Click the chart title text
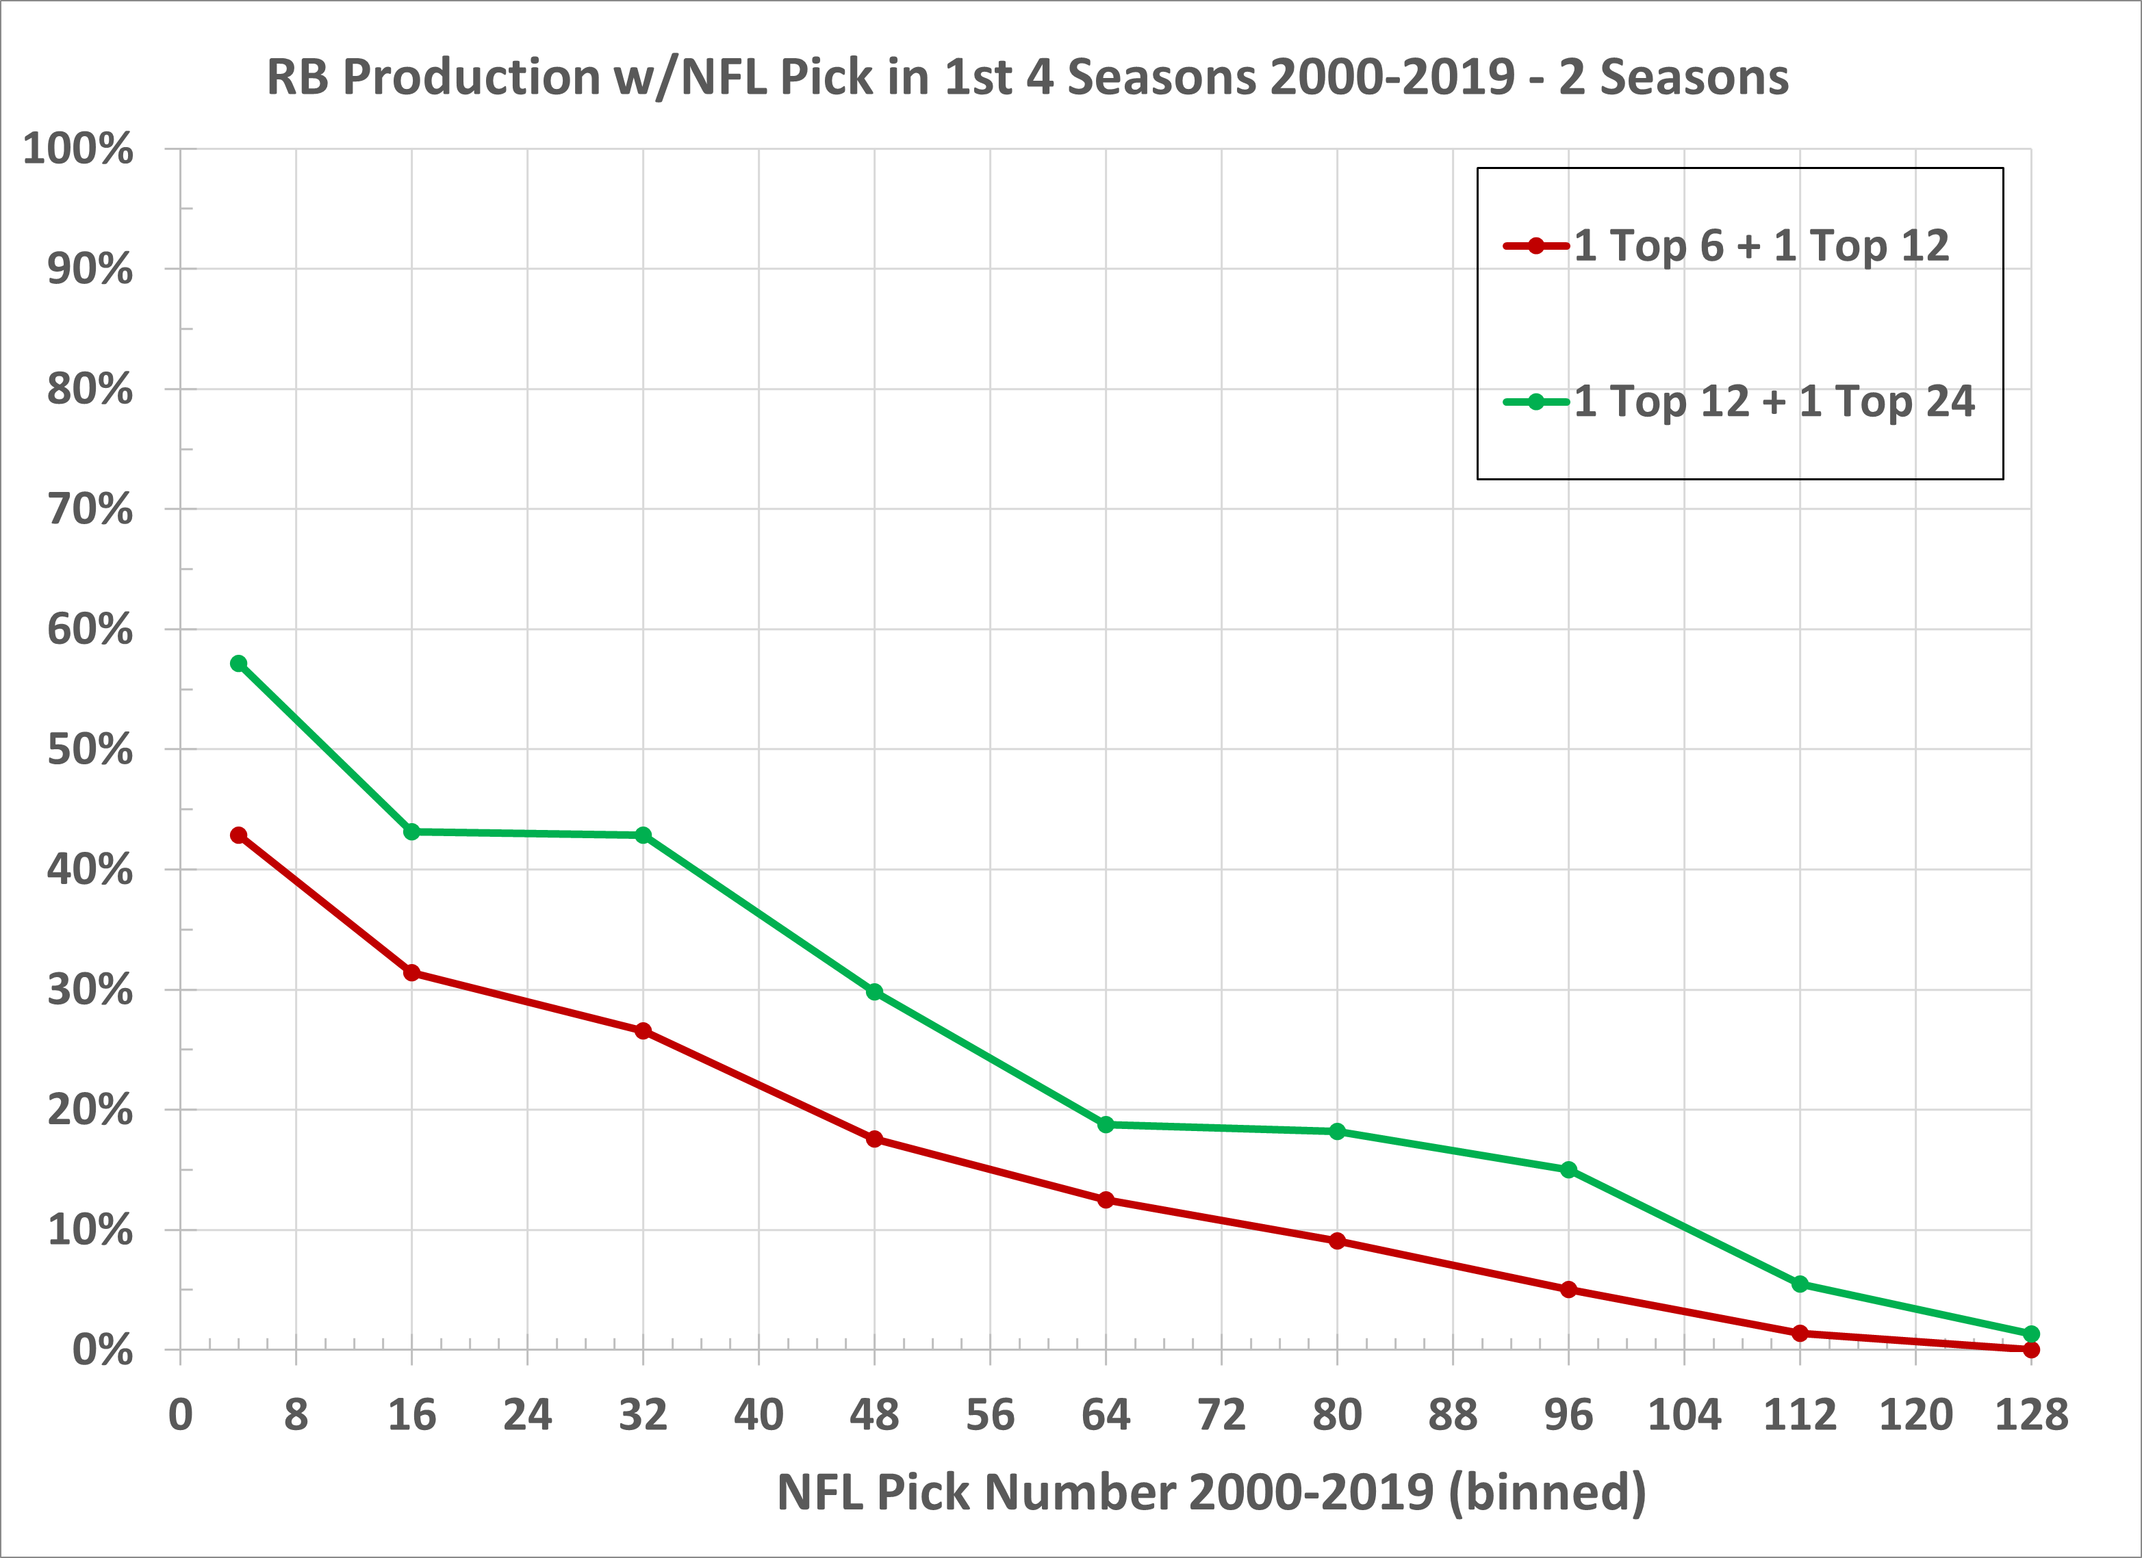pyautogui.click(x=1028, y=77)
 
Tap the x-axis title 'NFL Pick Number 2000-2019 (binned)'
pyautogui.click(x=1211, y=1492)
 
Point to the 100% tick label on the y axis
pyautogui.click(x=77, y=149)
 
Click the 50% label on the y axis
pyautogui.click(x=90, y=750)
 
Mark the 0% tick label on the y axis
pyautogui.click(x=102, y=1350)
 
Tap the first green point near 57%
pyautogui.click(x=239, y=664)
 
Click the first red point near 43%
pyautogui.click(x=239, y=835)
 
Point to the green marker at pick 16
pyautogui.click(x=412, y=832)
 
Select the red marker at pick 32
pyautogui.click(x=643, y=1031)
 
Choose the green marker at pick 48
pyautogui.click(x=875, y=992)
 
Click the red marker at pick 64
pyautogui.click(x=1106, y=1200)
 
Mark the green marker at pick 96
pyautogui.click(x=1569, y=1170)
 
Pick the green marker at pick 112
pyautogui.click(x=1800, y=1284)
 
